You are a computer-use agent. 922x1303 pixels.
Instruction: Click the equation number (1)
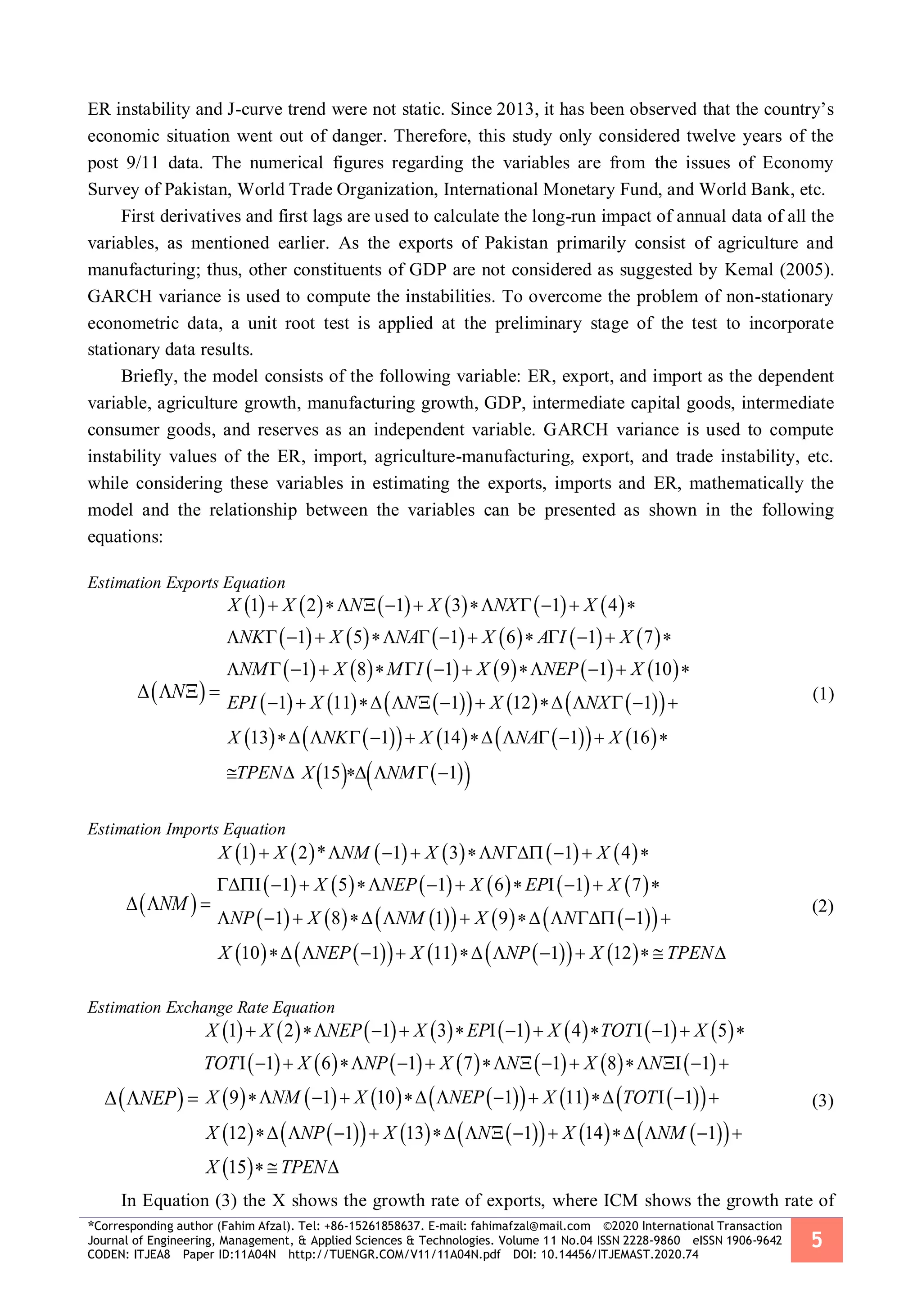tap(823, 694)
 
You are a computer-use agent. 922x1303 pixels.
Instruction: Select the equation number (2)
tap(823, 906)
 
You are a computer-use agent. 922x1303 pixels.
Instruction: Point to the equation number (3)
tap(823, 1101)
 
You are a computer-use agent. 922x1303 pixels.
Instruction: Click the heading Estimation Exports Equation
tap(186, 583)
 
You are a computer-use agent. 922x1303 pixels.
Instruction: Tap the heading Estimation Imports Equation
tap(186, 829)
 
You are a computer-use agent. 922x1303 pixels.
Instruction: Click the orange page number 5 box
tap(816, 1240)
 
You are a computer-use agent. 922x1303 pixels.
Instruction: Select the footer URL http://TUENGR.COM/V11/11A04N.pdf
tap(394, 1254)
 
